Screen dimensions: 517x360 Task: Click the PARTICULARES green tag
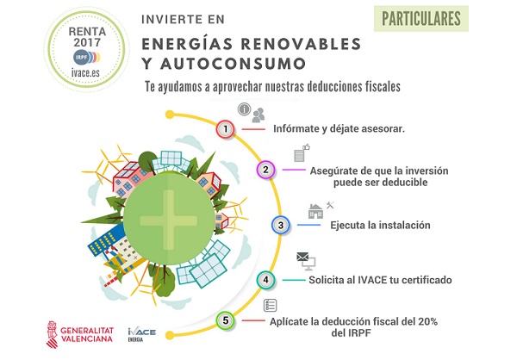click(421, 19)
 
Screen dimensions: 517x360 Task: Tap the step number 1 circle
click(226, 128)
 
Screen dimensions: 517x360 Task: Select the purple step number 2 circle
click(265, 170)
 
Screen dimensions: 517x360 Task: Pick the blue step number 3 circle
click(281, 225)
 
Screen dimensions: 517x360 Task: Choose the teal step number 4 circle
click(265, 280)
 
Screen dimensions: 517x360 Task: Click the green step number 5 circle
click(226, 320)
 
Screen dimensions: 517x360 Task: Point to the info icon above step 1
click(245, 109)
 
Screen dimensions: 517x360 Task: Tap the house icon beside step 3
click(315, 211)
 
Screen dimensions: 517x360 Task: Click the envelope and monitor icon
click(306, 260)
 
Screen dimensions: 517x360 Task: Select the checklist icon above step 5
click(270, 305)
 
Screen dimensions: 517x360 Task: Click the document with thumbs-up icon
click(302, 153)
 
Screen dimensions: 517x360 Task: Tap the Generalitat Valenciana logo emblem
click(52, 335)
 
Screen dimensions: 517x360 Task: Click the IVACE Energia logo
click(142, 334)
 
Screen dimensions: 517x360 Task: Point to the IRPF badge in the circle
click(86, 58)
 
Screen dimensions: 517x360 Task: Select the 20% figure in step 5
click(427, 321)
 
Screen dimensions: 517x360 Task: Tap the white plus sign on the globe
click(169, 220)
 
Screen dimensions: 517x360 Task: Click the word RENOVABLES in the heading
click(301, 44)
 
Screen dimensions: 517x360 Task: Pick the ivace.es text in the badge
click(85, 72)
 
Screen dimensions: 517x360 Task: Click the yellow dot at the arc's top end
click(170, 115)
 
